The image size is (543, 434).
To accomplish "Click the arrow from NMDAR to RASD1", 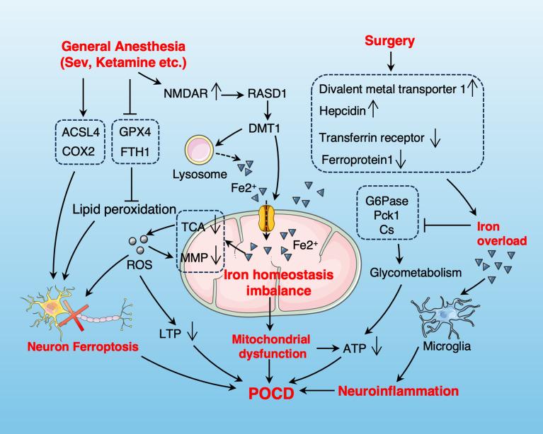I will coord(230,92).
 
